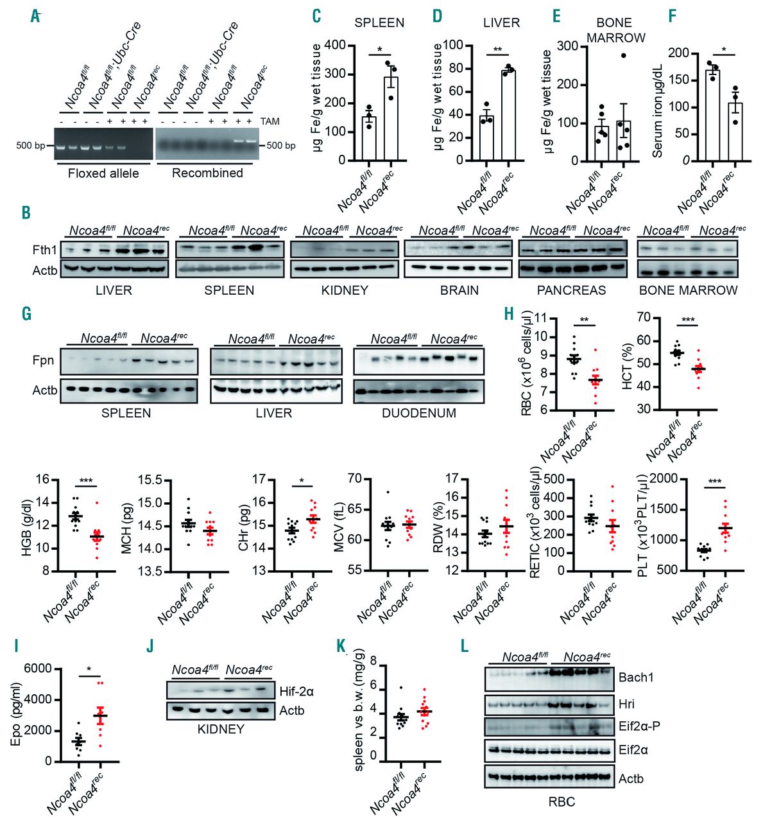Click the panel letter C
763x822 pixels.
click(x=316, y=16)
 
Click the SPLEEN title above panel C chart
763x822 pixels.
click(x=379, y=23)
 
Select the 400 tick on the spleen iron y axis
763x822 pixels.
click(x=336, y=46)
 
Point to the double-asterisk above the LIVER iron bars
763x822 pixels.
click(x=497, y=49)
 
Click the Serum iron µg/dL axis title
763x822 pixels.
click(x=658, y=106)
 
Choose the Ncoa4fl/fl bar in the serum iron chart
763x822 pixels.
click(x=712, y=116)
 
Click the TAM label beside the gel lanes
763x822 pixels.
click(x=270, y=121)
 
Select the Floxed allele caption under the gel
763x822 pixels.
click(x=103, y=173)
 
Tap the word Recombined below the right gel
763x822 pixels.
click(x=207, y=173)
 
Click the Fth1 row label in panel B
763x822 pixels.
click(x=44, y=249)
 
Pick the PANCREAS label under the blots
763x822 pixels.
click(x=571, y=290)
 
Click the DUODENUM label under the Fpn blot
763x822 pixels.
click(x=419, y=413)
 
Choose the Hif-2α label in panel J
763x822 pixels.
click(x=296, y=691)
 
